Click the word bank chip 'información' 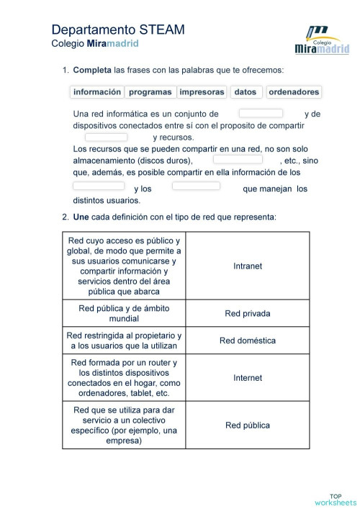(97, 92)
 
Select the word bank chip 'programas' (150, 92)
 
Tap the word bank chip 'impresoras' (202, 92)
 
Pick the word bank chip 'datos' (246, 92)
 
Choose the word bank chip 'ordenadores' (294, 92)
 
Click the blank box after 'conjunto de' (261, 113)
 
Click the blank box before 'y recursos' (106, 137)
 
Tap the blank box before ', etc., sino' (238, 160)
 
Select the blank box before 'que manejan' (196, 186)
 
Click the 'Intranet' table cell (248, 266)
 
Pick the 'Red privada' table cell (248, 313)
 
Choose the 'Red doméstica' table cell (248, 341)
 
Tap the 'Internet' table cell (248, 378)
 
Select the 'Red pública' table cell (248, 425)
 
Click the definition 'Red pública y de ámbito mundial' (124, 313)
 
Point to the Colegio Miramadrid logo (322, 41)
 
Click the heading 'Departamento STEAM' (118, 30)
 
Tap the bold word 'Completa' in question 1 (88, 70)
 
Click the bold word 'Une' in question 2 (80, 217)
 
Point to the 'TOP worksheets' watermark (335, 499)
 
